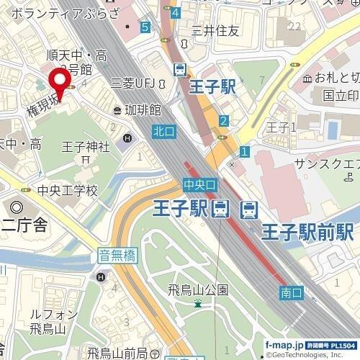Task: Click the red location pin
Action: pos(58,81)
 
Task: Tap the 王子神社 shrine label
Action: pos(85,147)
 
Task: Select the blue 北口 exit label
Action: pos(162,132)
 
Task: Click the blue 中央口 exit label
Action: pos(199,185)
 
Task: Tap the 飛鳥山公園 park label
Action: pos(198,290)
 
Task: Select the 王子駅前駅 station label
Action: pos(307,232)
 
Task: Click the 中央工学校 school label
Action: pos(67,191)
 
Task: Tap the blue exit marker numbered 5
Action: pos(146,27)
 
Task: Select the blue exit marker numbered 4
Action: pos(176,12)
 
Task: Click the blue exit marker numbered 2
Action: pos(224,121)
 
